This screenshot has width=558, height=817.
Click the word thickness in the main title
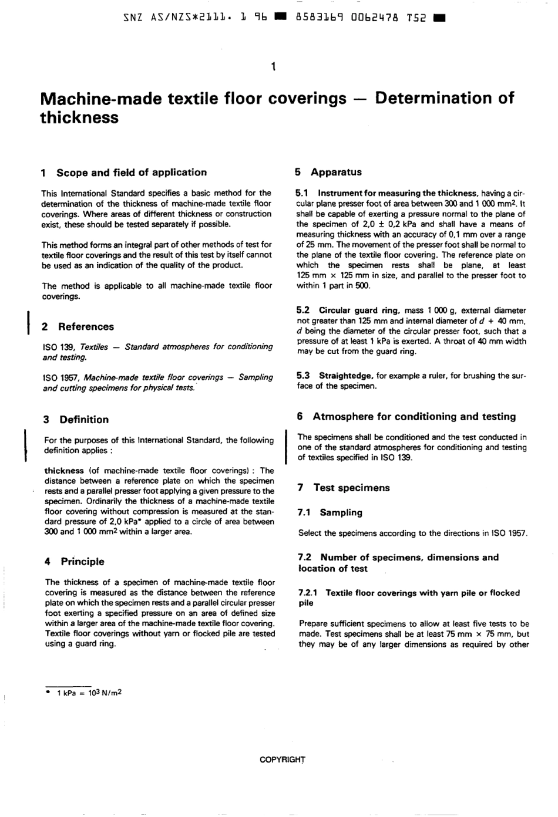pos(79,117)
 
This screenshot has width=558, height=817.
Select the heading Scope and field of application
pos(131,173)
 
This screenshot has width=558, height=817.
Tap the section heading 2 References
pos(78,327)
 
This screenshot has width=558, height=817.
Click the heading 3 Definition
pos(76,420)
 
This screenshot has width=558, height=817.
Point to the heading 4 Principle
pos(75,562)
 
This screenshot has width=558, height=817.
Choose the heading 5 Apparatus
pos(328,173)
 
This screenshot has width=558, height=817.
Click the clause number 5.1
pos(302,193)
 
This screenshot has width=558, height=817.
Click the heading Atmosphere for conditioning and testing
pos(414,417)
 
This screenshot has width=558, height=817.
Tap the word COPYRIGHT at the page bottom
pos(283,759)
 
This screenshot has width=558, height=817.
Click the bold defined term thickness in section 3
pos(64,471)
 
